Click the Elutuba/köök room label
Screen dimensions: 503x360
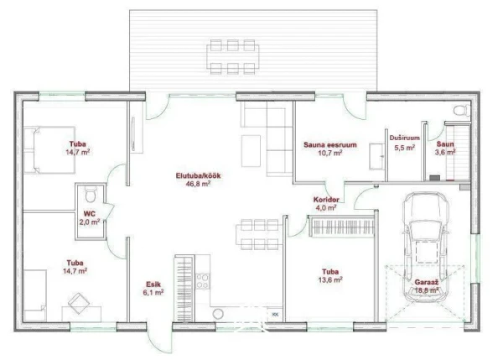click(198, 176)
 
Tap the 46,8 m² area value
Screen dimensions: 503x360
click(198, 184)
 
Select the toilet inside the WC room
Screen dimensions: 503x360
click(91, 194)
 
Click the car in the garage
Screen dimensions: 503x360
click(426, 247)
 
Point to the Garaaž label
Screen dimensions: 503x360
click(427, 282)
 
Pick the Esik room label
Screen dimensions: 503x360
click(153, 284)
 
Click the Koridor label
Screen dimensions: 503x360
click(326, 200)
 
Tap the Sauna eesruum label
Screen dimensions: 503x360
click(330, 145)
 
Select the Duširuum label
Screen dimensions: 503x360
click(405, 138)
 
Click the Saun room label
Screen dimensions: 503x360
click(445, 144)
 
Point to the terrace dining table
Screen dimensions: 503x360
click(233, 57)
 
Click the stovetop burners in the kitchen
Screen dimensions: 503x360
click(203, 281)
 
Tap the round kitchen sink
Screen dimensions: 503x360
click(218, 314)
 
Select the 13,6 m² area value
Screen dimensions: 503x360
click(330, 279)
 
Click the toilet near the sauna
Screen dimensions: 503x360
click(462, 110)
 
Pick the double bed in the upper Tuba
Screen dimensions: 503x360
click(49, 150)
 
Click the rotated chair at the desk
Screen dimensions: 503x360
click(79, 303)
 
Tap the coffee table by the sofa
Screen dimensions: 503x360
click(251, 151)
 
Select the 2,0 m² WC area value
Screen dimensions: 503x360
click(90, 222)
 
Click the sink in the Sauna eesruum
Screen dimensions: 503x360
click(377, 156)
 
